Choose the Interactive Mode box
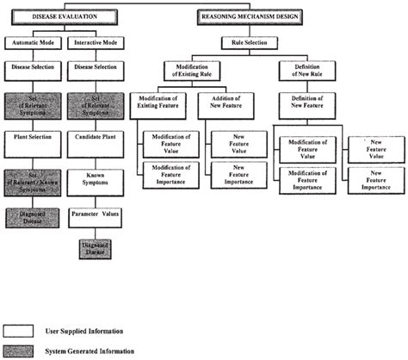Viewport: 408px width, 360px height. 96,41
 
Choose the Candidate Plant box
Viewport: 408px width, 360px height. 96,136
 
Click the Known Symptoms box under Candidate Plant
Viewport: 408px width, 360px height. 96,180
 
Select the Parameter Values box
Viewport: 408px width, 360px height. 96,212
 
